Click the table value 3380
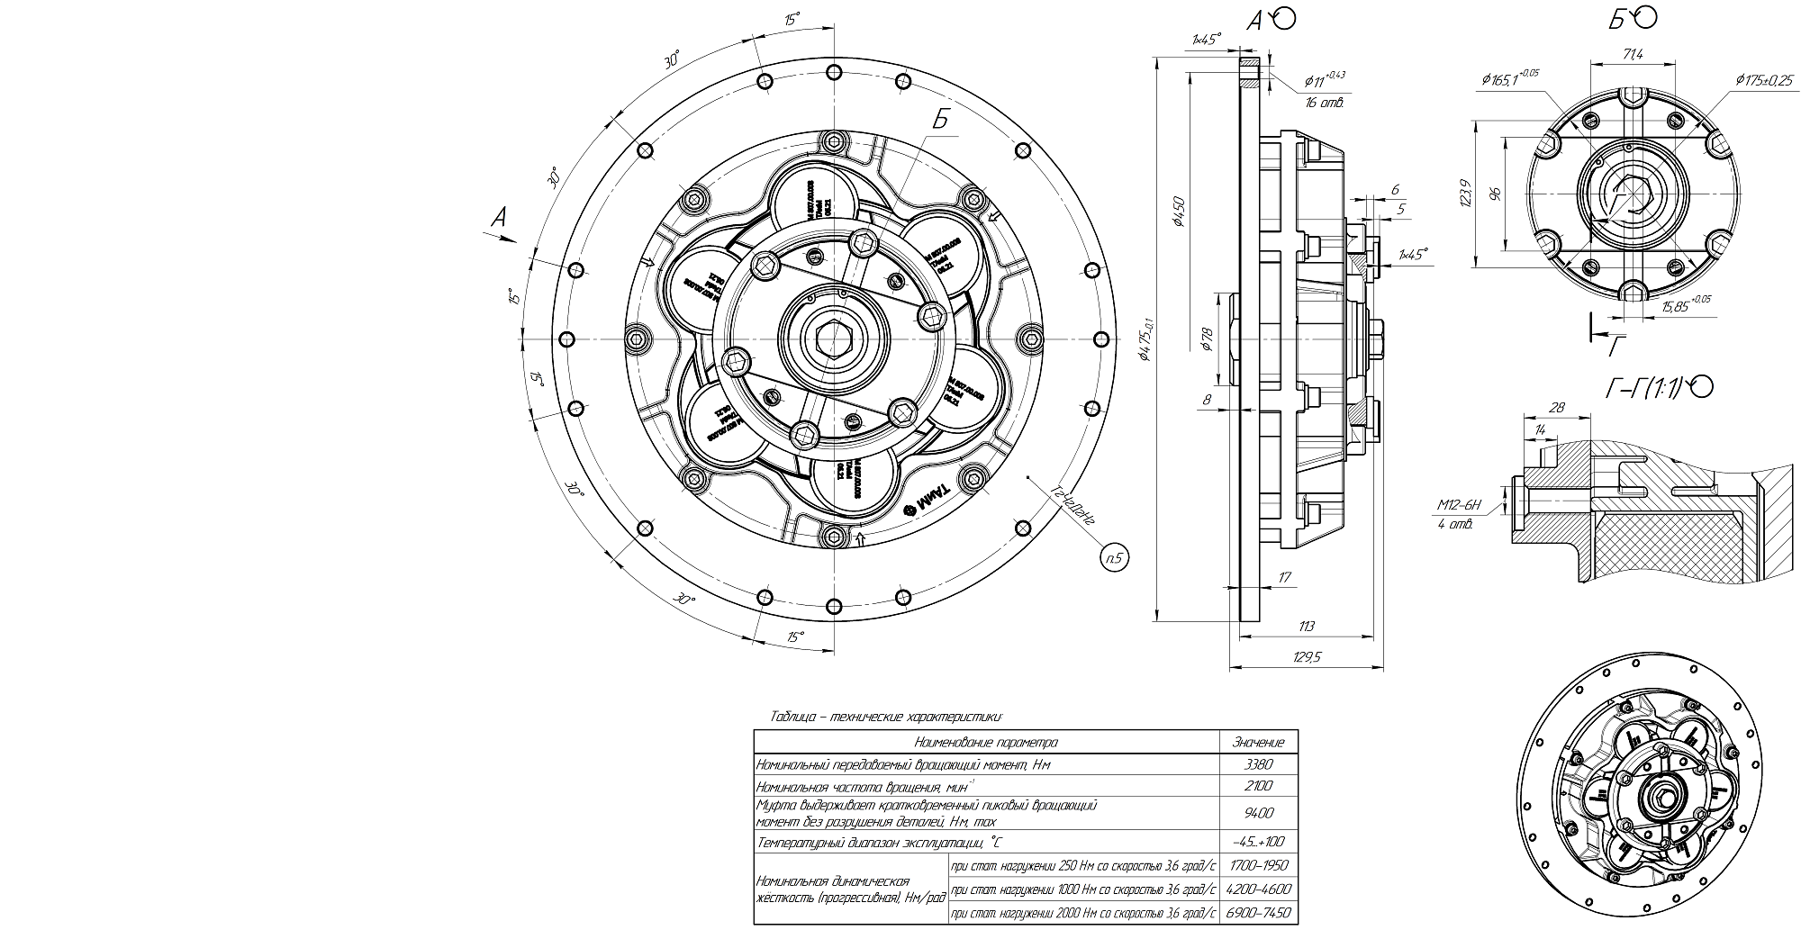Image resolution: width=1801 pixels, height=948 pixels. [x=1258, y=764]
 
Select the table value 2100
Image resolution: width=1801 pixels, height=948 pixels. [x=1258, y=786]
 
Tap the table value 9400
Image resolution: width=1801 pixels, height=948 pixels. [x=1258, y=813]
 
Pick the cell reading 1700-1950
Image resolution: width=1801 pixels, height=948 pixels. [x=1258, y=865]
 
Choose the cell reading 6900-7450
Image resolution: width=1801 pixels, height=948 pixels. [x=1258, y=913]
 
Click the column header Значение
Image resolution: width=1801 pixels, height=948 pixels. [x=1258, y=742]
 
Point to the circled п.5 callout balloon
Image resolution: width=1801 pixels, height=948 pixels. [x=1114, y=558]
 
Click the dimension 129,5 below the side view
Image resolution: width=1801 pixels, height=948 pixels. [x=1307, y=657]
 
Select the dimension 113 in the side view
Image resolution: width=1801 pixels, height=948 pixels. [x=1307, y=626]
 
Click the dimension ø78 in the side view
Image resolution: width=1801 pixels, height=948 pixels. [x=1207, y=340]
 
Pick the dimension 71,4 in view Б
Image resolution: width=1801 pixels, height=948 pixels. [x=1633, y=54]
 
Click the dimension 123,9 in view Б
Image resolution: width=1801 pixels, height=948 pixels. [x=1465, y=194]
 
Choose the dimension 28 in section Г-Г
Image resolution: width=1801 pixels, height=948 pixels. [x=1556, y=408]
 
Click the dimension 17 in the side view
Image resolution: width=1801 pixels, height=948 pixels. [x=1284, y=577]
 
